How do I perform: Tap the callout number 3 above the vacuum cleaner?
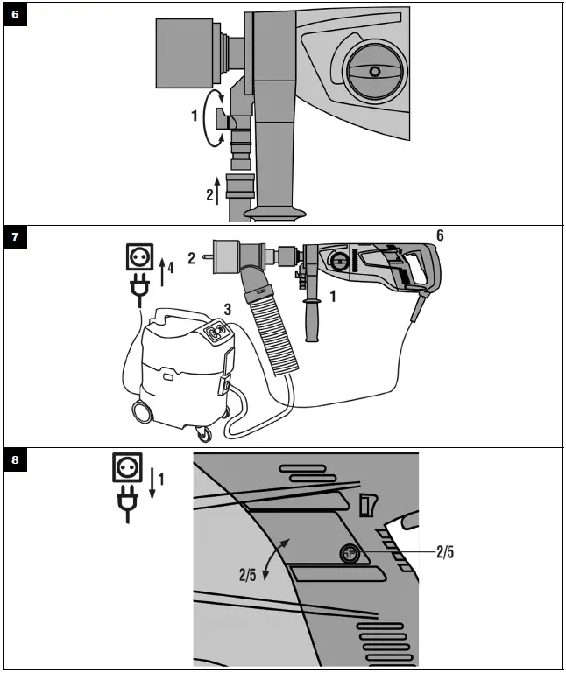pos(227,308)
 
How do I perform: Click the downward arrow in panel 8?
pos(154,482)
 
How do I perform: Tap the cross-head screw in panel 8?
pos(350,553)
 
